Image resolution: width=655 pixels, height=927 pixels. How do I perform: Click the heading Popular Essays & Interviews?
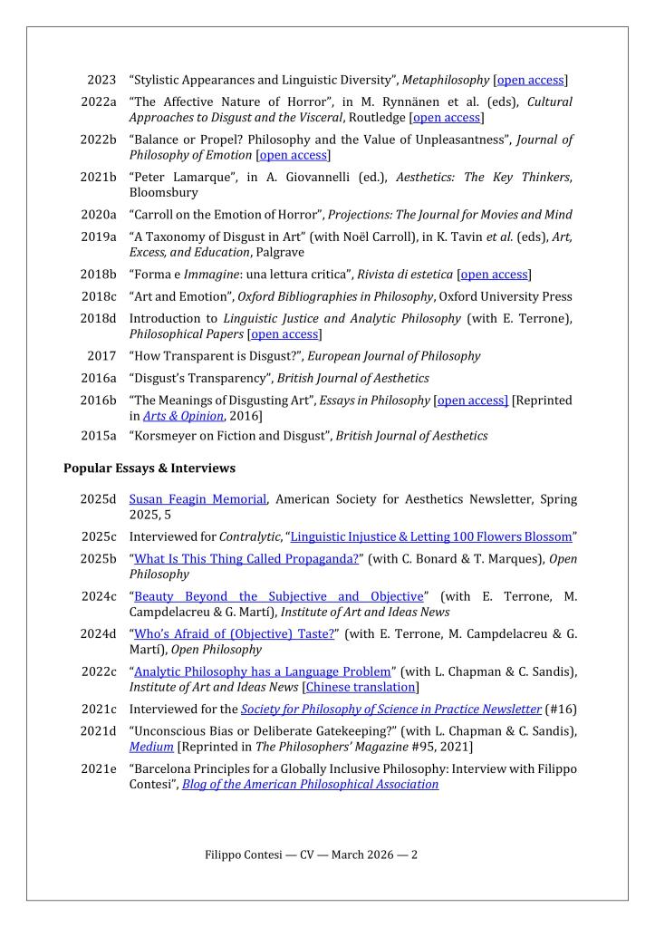(x=149, y=468)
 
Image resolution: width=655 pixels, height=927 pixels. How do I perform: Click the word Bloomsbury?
(x=162, y=192)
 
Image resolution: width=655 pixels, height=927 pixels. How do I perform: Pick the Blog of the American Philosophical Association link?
(x=310, y=784)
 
